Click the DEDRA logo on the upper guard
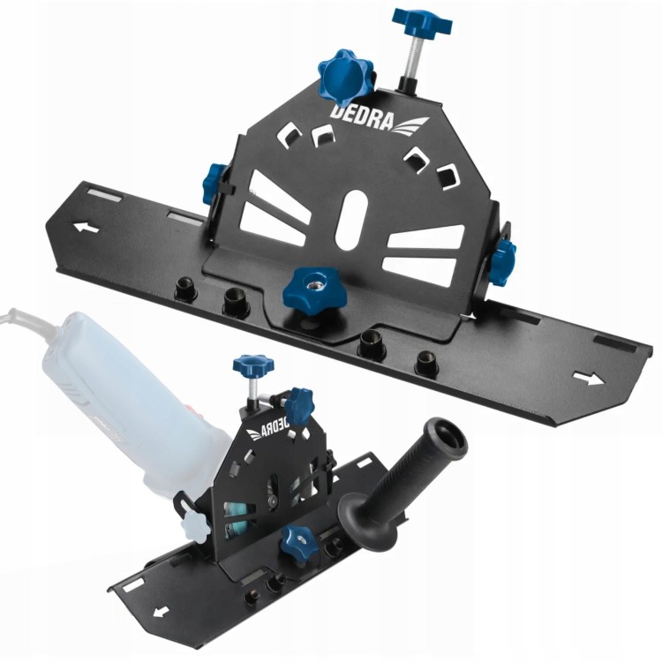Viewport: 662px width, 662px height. tap(379, 119)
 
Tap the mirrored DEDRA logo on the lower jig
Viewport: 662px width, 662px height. tap(267, 429)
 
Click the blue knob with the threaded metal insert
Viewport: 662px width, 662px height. tap(314, 288)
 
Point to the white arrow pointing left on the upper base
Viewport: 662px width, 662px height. tap(87, 228)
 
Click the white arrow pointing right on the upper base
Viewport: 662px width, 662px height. tap(589, 378)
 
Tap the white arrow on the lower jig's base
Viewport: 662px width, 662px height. tap(161, 612)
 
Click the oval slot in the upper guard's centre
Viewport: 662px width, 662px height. tap(351, 220)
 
